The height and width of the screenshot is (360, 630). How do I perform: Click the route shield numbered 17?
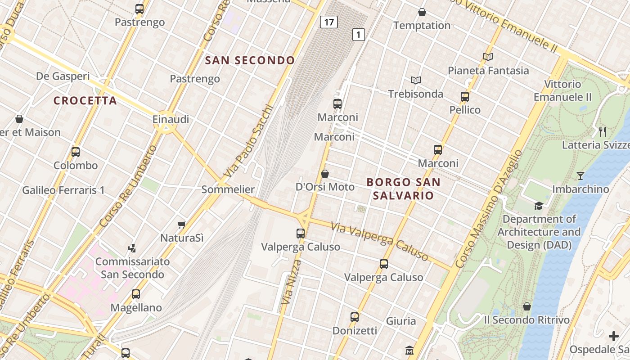[329, 22]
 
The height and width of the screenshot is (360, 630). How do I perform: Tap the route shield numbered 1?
[358, 34]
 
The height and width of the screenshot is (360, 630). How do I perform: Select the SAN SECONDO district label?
[250, 60]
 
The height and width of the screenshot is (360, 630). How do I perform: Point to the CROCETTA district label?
[85, 100]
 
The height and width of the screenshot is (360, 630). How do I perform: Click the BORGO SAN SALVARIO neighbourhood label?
[403, 189]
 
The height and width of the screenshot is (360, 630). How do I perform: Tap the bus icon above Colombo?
[76, 152]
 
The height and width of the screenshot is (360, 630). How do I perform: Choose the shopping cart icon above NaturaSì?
[182, 225]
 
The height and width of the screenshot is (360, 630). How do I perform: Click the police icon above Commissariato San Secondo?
[132, 248]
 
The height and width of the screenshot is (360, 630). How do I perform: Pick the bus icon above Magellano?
[136, 294]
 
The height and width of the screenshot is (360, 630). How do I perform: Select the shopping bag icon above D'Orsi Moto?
[325, 174]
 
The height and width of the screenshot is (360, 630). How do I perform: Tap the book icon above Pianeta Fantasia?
[488, 57]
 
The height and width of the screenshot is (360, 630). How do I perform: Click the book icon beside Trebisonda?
[416, 81]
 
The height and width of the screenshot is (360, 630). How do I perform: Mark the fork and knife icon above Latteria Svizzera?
[603, 132]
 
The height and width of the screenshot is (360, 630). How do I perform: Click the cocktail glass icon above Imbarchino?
[580, 176]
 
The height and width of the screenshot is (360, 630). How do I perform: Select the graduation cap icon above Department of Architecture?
[539, 206]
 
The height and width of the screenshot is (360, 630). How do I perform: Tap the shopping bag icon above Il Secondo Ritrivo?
[527, 307]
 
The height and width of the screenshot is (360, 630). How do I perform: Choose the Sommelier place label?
[228, 189]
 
